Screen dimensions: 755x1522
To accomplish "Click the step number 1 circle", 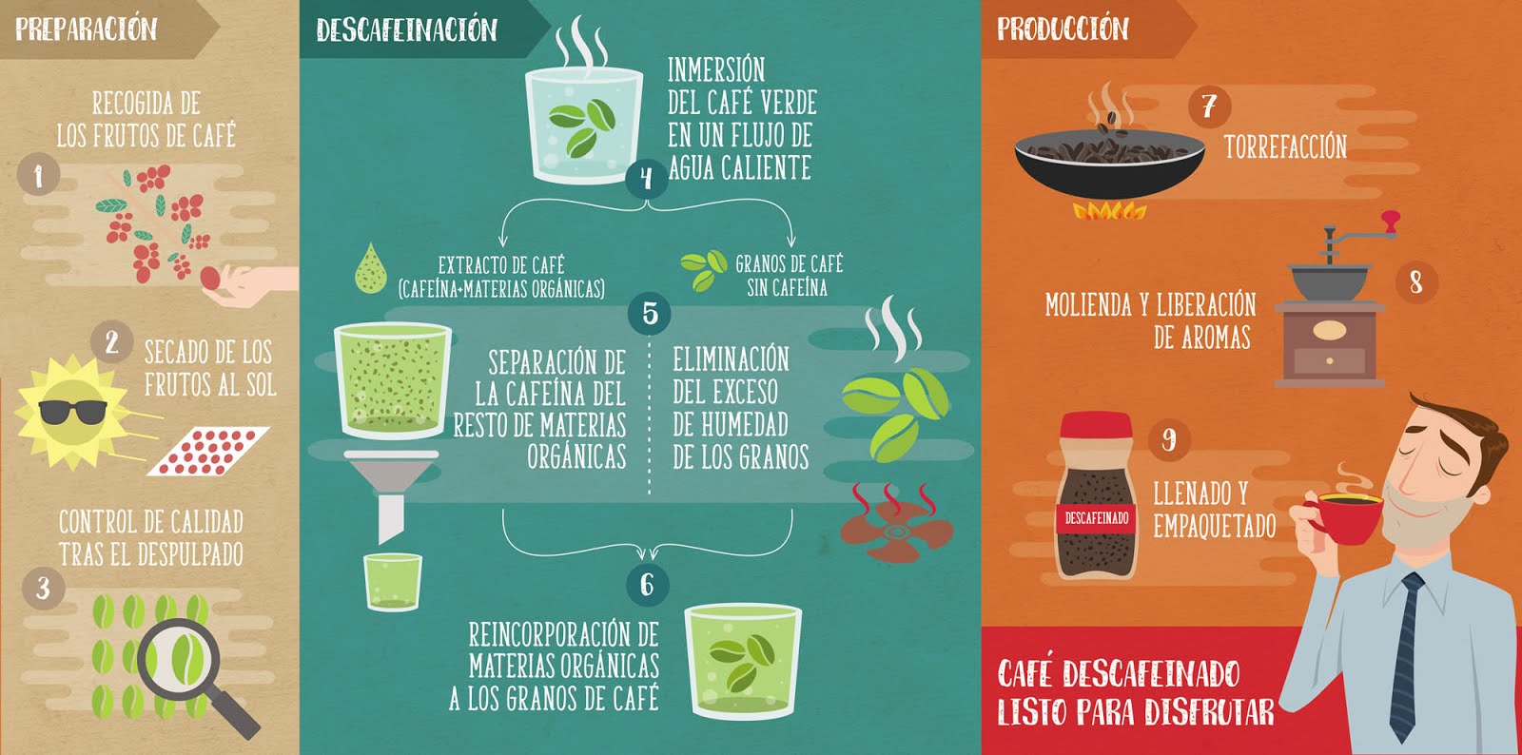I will tap(38, 175).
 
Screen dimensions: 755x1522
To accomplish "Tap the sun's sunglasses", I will tap(72, 412).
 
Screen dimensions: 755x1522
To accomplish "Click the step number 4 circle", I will tap(647, 178).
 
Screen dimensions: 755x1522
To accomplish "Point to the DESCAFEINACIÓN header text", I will tap(406, 29).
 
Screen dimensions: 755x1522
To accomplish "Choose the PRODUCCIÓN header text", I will tap(1063, 29).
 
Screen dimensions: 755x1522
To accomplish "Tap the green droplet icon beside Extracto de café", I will tap(370, 268).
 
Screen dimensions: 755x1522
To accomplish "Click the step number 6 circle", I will tap(647, 584).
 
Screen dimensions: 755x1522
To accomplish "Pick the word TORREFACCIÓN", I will tap(1285, 146).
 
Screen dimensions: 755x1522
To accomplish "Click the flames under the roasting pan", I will tap(1108, 210).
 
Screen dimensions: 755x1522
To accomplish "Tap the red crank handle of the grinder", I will tap(1390, 222).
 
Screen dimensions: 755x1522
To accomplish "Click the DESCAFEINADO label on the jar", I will tap(1097, 518).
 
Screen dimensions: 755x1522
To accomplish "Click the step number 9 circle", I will tap(1168, 439).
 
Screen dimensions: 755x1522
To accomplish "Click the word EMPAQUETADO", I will tap(1214, 526).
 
